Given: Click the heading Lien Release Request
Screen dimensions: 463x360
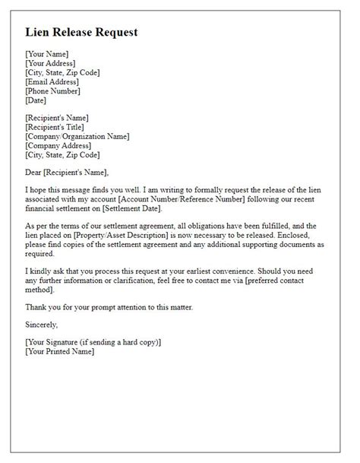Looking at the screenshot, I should click(x=82, y=33).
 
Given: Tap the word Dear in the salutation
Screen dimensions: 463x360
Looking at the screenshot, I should click(x=36, y=172).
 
